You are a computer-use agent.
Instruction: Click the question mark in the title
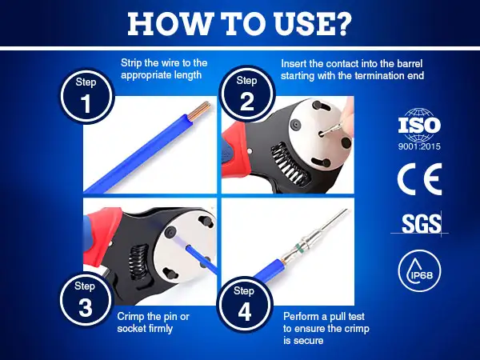click(x=342, y=23)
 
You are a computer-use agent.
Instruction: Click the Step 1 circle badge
click(x=87, y=96)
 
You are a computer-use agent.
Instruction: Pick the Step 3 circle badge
click(x=86, y=298)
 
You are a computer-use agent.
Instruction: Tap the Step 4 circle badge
click(x=244, y=304)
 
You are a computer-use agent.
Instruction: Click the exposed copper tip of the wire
click(x=198, y=110)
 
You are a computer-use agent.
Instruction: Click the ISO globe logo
click(x=419, y=124)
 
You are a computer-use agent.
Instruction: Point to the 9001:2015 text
click(x=419, y=146)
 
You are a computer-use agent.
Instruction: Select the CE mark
click(x=419, y=179)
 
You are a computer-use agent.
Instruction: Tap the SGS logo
click(x=422, y=224)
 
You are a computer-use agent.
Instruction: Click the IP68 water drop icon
click(x=419, y=270)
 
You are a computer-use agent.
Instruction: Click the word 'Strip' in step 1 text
click(x=131, y=63)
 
